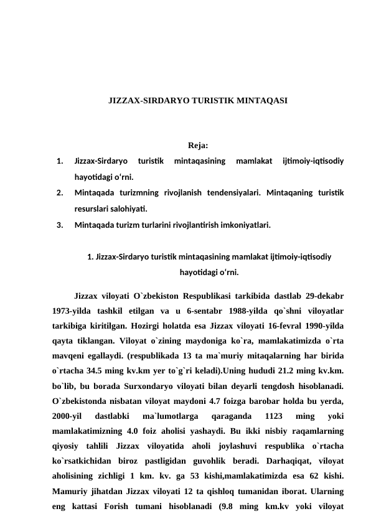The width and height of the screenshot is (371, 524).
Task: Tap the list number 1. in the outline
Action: [x=60, y=161]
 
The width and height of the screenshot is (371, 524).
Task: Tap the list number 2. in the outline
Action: [x=60, y=194]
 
